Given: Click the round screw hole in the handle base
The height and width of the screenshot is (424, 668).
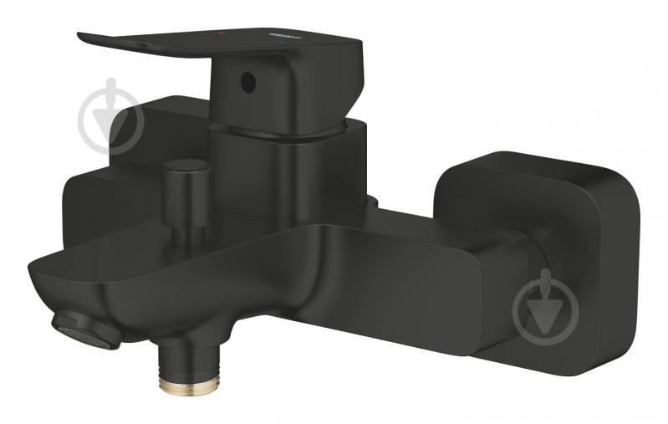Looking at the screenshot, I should [246, 83].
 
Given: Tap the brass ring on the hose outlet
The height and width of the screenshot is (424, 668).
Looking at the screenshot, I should [189, 383].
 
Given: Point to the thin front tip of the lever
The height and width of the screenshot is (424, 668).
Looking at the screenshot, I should [92, 38].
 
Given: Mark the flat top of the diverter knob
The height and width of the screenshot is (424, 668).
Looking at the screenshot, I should [186, 166].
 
